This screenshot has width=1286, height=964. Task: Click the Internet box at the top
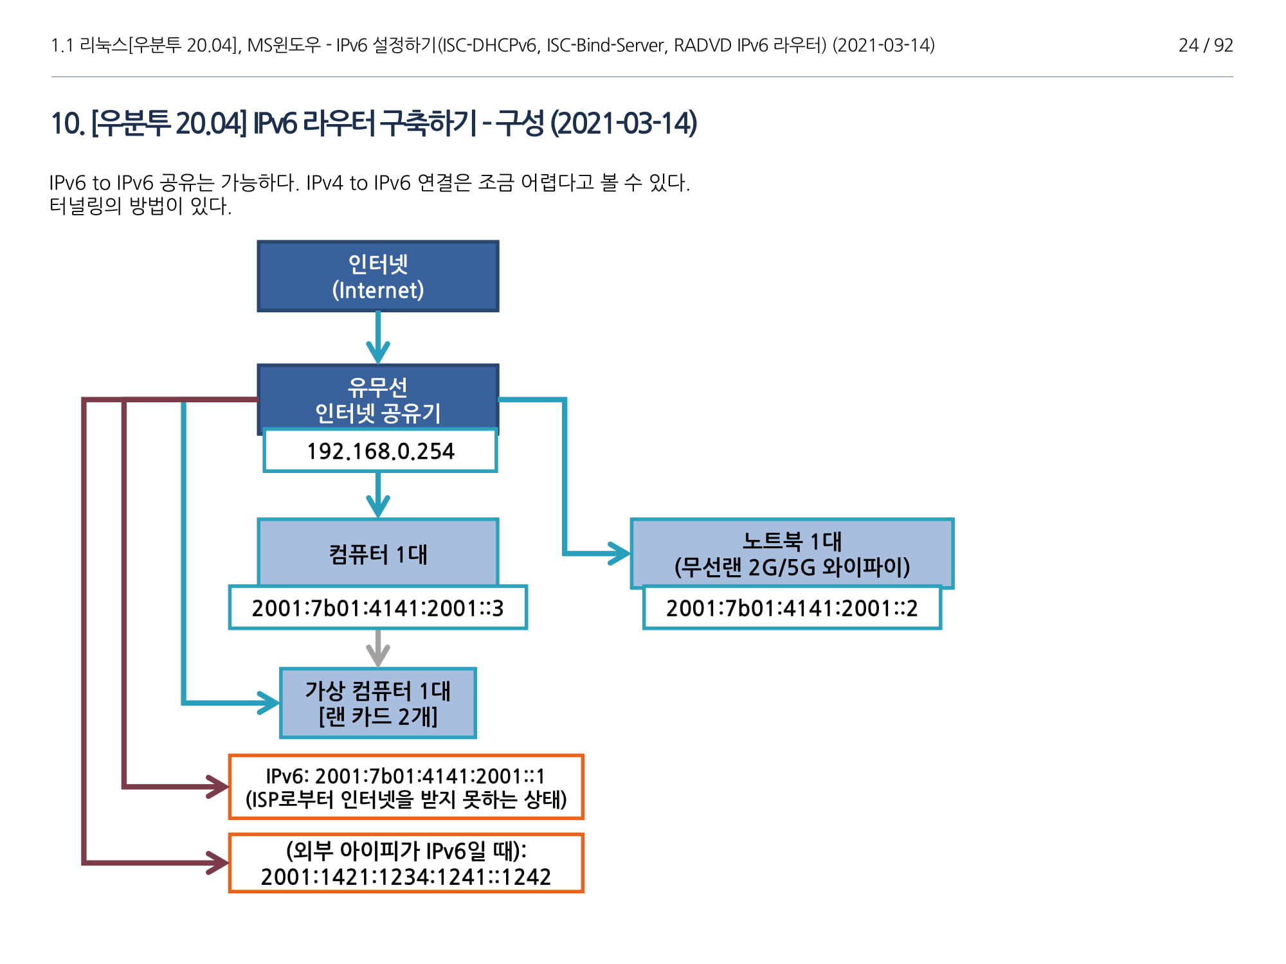click(378, 276)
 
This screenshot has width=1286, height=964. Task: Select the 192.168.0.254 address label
click(380, 451)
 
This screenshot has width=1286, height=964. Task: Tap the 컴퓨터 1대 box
click(378, 553)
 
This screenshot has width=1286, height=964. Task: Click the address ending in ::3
click(378, 607)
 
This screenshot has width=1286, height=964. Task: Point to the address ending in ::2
click(792, 607)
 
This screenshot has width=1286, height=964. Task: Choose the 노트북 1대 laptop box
click(792, 553)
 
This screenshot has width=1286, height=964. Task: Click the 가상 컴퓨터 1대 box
click(378, 703)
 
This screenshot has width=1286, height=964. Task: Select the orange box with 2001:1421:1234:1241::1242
click(406, 863)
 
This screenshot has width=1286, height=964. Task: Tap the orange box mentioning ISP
click(406, 787)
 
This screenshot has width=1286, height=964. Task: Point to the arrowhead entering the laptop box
click(620, 553)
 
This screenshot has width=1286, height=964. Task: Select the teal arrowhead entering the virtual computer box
click(269, 702)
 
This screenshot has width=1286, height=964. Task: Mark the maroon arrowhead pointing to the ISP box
click(217, 786)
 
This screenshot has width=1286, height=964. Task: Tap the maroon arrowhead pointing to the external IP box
click(217, 862)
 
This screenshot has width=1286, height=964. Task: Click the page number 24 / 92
click(1205, 45)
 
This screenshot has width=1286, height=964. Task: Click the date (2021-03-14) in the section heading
click(623, 123)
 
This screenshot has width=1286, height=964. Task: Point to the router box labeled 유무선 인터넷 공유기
click(378, 398)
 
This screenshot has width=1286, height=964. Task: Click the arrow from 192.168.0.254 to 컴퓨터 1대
click(378, 495)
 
